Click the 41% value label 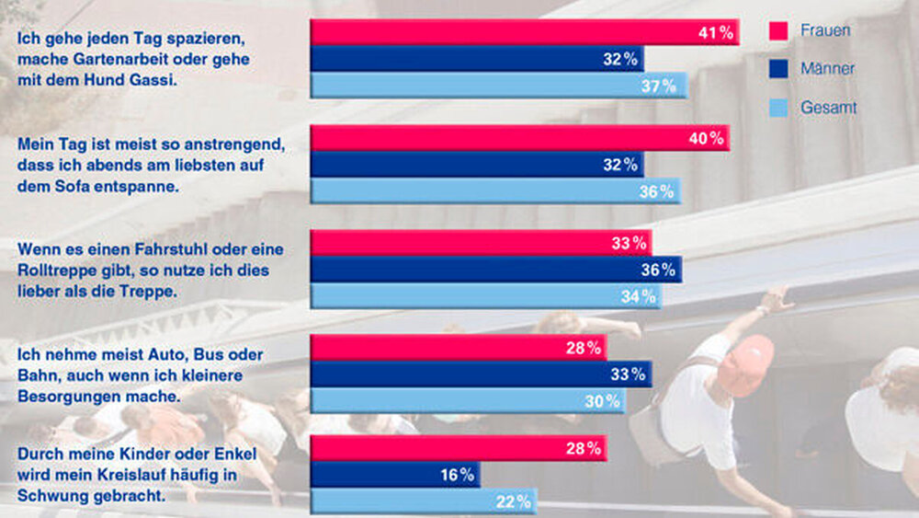pos(715,33)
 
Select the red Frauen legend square pos(777,31)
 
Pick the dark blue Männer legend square pos(777,69)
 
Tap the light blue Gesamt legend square pos(777,108)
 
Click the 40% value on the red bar pos(706,139)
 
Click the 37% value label pos(659,86)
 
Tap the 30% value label pos(603,401)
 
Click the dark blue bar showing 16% pos(395,475)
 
